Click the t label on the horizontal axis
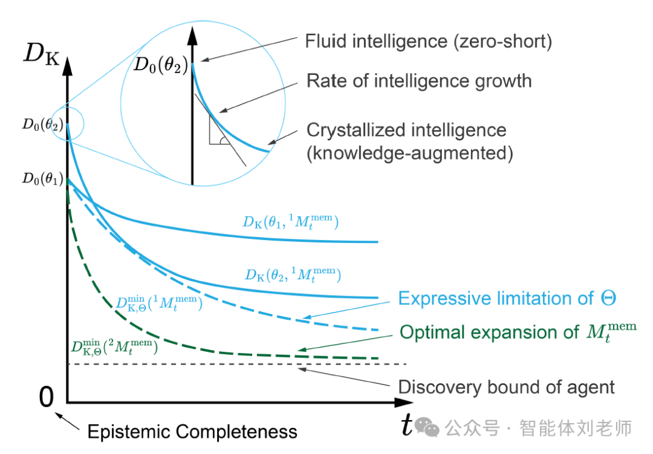point(407,426)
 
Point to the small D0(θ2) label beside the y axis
point(42,125)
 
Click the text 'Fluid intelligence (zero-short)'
point(429,42)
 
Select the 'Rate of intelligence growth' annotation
point(419,80)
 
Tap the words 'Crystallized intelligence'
point(406,130)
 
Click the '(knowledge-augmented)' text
point(410,154)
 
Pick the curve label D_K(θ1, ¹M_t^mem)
point(290,222)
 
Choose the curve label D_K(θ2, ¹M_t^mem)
point(293,275)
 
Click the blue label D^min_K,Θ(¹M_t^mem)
point(159,304)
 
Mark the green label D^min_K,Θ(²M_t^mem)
point(114,347)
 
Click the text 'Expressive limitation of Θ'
point(507,298)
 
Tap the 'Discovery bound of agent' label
point(506,387)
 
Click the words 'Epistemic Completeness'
point(192,432)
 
